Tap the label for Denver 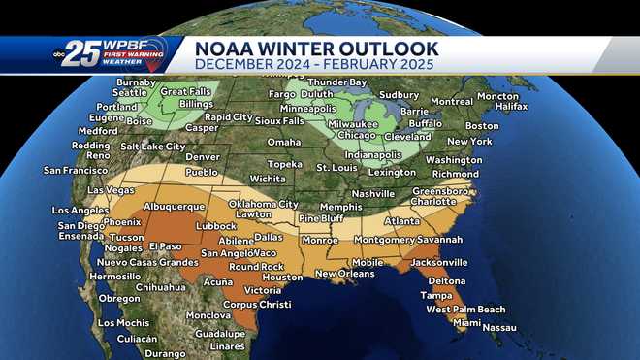(202, 156)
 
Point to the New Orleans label (344, 274)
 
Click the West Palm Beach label (465, 310)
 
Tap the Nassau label (498, 328)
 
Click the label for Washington (453, 160)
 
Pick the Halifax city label (511, 106)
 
